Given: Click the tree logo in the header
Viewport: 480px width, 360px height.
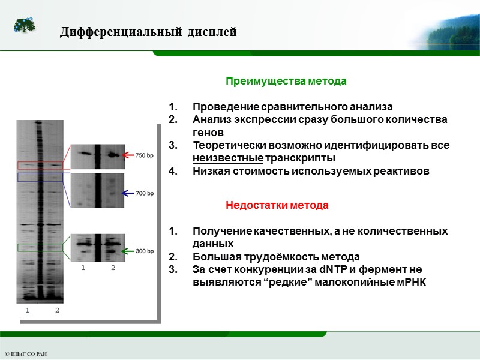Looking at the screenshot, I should click(x=24, y=26).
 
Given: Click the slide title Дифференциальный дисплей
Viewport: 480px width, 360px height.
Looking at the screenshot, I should click(x=148, y=32).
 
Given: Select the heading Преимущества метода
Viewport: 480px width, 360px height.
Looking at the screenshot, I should click(x=286, y=80).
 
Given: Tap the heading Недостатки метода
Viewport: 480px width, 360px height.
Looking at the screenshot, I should click(x=277, y=205).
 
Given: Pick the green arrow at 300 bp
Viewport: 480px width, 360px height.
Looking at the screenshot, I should click(x=128, y=251).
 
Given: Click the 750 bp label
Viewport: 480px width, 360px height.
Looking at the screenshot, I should click(x=145, y=155).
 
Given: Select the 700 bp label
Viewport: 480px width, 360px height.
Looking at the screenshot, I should click(x=145, y=194).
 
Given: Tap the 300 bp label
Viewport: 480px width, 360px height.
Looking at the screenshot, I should click(x=145, y=251).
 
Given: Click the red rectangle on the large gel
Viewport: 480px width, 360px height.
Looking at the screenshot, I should click(x=40, y=165).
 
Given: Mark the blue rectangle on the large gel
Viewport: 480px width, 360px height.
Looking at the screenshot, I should click(x=40, y=177).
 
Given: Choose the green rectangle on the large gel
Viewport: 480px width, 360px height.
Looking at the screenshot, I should click(x=40, y=247).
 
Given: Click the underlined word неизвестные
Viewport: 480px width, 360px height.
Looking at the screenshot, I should click(x=228, y=158).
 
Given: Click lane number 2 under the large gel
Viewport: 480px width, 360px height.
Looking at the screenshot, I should click(x=57, y=310).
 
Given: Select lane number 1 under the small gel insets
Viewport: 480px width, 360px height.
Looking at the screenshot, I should click(x=83, y=268).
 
